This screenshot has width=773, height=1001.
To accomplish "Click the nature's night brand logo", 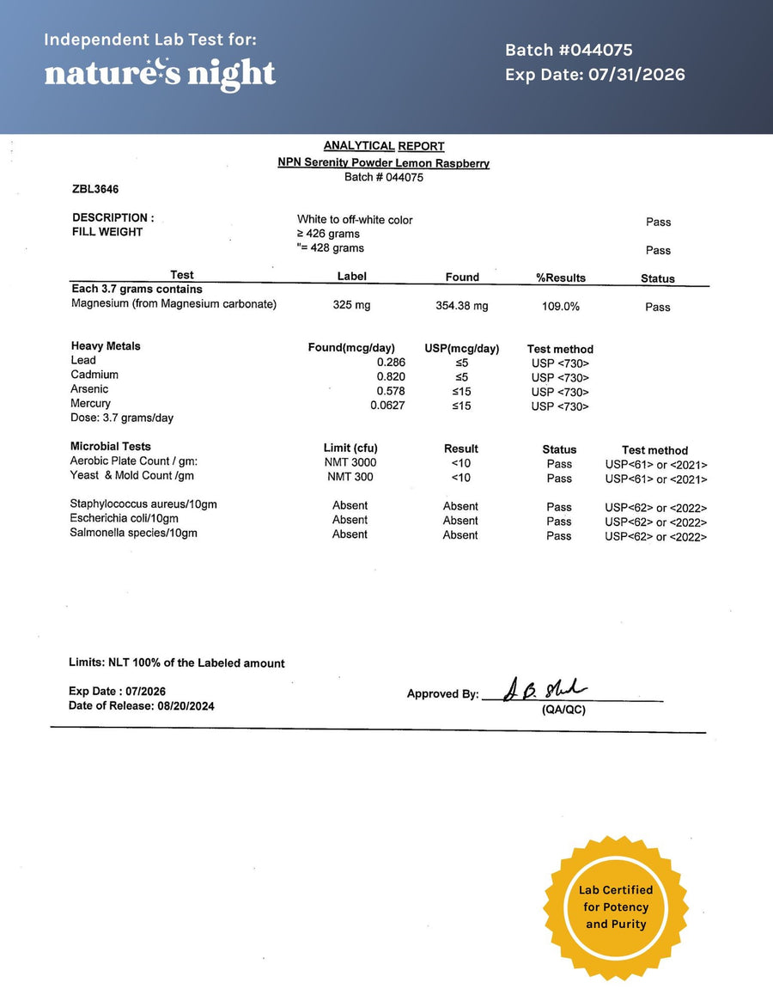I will (x=160, y=74).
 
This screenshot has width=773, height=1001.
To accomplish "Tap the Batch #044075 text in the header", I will (x=569, y=51).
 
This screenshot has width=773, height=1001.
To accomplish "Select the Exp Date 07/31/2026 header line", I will (x=594, y=75).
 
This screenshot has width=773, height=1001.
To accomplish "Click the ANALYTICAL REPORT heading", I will (x=384, y=146).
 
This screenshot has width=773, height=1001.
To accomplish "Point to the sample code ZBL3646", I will (x=95, y=189).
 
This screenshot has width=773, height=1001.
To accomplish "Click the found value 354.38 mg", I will (x=462, y=306).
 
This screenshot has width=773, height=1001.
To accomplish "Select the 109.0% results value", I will (x=560, y=307).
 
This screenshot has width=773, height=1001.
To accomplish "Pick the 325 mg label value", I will (x=351, y=306).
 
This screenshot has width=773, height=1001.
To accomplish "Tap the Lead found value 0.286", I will (x=391, y=363).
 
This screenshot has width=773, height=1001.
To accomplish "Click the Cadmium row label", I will (x=94, y=375).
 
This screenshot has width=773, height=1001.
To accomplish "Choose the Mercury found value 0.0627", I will (x=387, y=406).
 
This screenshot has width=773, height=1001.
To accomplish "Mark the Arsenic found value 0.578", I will (x=391, y=391).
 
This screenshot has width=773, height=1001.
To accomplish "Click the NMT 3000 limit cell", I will (x=350, y=462).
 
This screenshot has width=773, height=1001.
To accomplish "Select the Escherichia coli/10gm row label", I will (x=124, y=519).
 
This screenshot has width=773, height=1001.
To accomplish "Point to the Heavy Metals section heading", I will (x=106, y=346).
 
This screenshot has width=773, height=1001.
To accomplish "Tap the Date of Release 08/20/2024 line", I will (x=142, y=706).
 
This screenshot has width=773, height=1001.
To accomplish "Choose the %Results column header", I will (x=560, y=278).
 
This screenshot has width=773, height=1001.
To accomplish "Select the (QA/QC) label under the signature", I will (x=563, y=711).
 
